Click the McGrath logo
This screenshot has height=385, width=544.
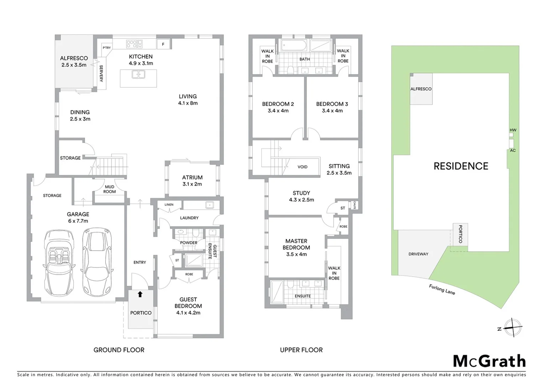pos(489,361)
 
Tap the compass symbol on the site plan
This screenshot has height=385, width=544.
pos(513,327)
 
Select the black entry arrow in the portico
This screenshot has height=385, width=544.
pos(140,294)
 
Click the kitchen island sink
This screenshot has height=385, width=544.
pos(138,75)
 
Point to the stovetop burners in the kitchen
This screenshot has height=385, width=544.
pos(132,44)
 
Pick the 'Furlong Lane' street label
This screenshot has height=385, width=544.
pos(442,289)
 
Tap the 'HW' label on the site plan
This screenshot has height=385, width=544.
pos(513,130)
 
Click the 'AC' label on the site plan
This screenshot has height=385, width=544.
pos(513,150)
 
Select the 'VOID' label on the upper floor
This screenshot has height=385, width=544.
pos(302,167)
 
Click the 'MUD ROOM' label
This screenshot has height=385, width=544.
pos(110,189)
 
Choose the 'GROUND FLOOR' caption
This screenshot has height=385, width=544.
pos(119,350)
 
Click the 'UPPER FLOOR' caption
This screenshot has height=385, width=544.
pos(301,350)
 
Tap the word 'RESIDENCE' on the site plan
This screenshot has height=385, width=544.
pos(461,166)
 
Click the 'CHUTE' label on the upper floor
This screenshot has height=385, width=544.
pos(355,205)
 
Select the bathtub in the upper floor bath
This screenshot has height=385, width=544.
pos(294,45)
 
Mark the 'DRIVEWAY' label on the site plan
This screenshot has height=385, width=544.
pos(418,254)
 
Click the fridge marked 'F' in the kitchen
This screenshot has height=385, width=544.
pos(163,44)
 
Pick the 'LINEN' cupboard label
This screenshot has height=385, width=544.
pos(169,205)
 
